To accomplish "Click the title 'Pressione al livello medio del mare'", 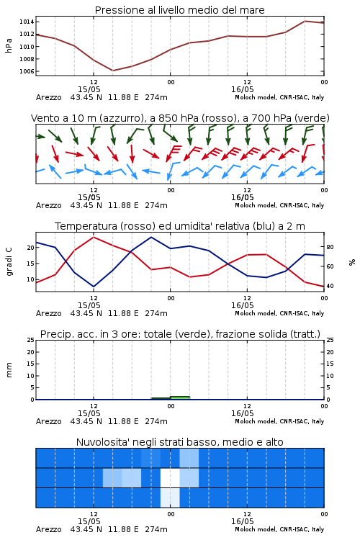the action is (x=179, y=10).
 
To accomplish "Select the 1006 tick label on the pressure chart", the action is (x=27, y=71).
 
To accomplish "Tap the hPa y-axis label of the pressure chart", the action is (x=9, y=46).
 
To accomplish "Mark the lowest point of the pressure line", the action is (x=112, y=71).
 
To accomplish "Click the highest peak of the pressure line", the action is (x=305, y=21).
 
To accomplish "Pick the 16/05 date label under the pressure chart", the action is (x=242, y=89).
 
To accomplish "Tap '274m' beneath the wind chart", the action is (x=156, y=205).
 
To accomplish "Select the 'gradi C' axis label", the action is (x=9, y=262).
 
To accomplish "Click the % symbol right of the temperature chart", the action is (x=352, y=262).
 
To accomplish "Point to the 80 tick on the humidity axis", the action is (x=330, y=247).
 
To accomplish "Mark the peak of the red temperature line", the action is (x=94, y=238).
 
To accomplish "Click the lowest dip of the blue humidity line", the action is (x=94, y=287).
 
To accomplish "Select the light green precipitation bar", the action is (x=180, y=397).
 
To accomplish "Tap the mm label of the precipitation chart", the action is (x=9, y=369).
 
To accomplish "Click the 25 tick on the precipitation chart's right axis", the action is (x=330, y=340).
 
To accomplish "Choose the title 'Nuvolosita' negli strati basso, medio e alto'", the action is (x=179, y=442).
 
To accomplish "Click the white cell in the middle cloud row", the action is (x=170, y=477).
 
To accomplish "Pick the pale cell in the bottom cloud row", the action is (x=170, y=498).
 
